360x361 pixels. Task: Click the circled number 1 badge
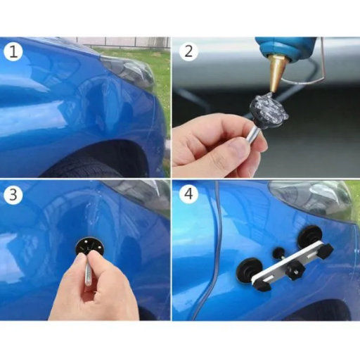point(13,51)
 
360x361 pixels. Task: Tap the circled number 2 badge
point(188,51)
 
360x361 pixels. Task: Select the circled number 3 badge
point(13,195)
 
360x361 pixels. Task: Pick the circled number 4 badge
point(188,194)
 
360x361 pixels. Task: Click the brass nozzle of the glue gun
point(275,74)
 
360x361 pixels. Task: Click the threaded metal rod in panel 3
point(89,274)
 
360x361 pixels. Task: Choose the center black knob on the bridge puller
point(295,270)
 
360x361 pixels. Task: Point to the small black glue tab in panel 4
point(278,253)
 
